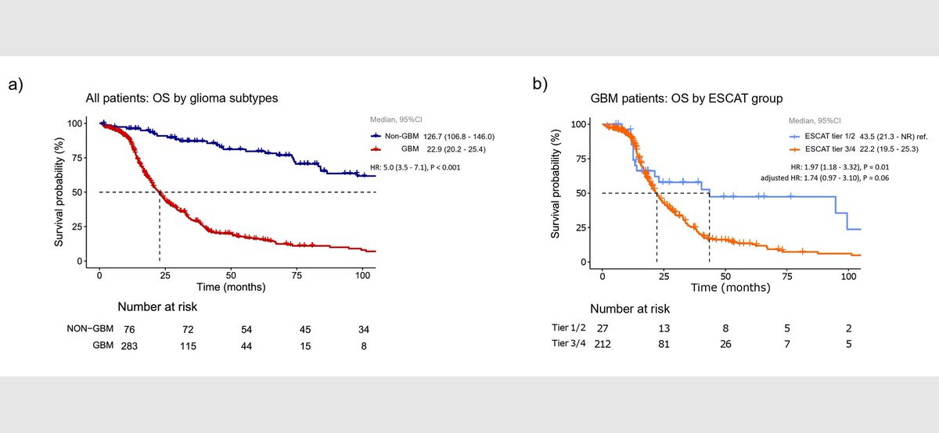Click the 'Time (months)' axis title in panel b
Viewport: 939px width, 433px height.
point(729,288)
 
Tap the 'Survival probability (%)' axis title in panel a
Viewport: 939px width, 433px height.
point(59,191)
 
